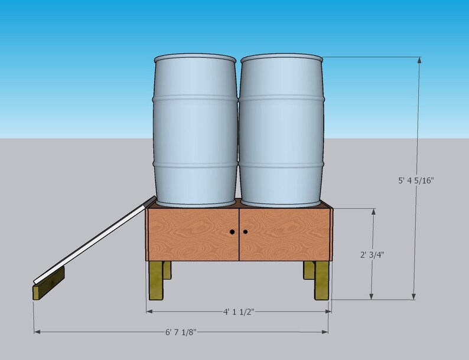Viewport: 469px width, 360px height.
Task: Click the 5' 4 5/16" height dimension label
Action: click(420, 181)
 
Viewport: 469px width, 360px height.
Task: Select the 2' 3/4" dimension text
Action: click(376, 256)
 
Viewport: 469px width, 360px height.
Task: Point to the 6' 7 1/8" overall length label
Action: click(180, 332)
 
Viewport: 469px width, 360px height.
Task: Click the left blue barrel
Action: click(195, 130)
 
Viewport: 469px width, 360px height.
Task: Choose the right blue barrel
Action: click(281, 130)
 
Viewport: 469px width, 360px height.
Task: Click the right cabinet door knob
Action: click(245, 232)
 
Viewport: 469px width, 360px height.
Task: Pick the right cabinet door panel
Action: click(284, 233)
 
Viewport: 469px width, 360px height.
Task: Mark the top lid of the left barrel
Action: click(195, 59)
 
